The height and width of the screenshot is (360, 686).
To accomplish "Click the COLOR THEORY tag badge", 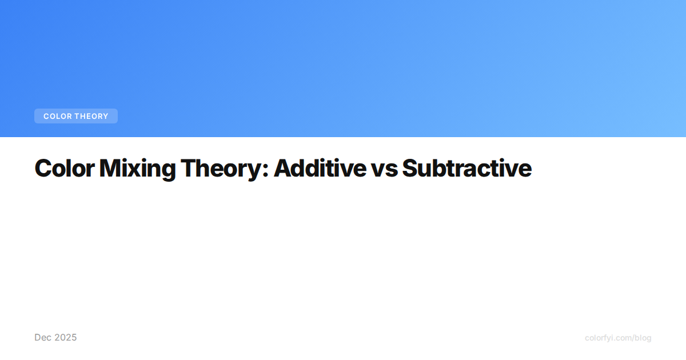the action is click(76, 116).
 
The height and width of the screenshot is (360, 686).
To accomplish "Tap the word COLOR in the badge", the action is click(58, 117).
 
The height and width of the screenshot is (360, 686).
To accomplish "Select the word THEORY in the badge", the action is click(91, 117).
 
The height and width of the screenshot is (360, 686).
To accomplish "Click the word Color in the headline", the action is click(65, 168).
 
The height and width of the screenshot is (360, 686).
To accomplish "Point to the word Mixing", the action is click(138, 169).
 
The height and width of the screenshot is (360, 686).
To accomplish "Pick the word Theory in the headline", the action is click(221, 169).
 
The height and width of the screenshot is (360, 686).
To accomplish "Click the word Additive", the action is click(320, 168).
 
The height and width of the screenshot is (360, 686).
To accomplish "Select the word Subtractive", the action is click(467, 168).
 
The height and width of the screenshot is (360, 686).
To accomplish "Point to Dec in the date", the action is click(42, 337).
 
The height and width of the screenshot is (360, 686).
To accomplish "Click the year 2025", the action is click(65, 337).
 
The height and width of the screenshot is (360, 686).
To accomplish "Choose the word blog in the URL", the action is click(643, 338).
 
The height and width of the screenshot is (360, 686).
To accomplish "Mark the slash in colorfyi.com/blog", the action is click(632, 338).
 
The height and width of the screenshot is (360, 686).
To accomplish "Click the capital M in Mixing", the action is click(110, 168).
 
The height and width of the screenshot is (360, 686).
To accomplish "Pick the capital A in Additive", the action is click(284, 168).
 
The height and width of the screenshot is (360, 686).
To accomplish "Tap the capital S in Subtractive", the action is click(411, 168).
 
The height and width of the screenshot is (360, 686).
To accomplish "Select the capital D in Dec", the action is click(38, 337).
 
